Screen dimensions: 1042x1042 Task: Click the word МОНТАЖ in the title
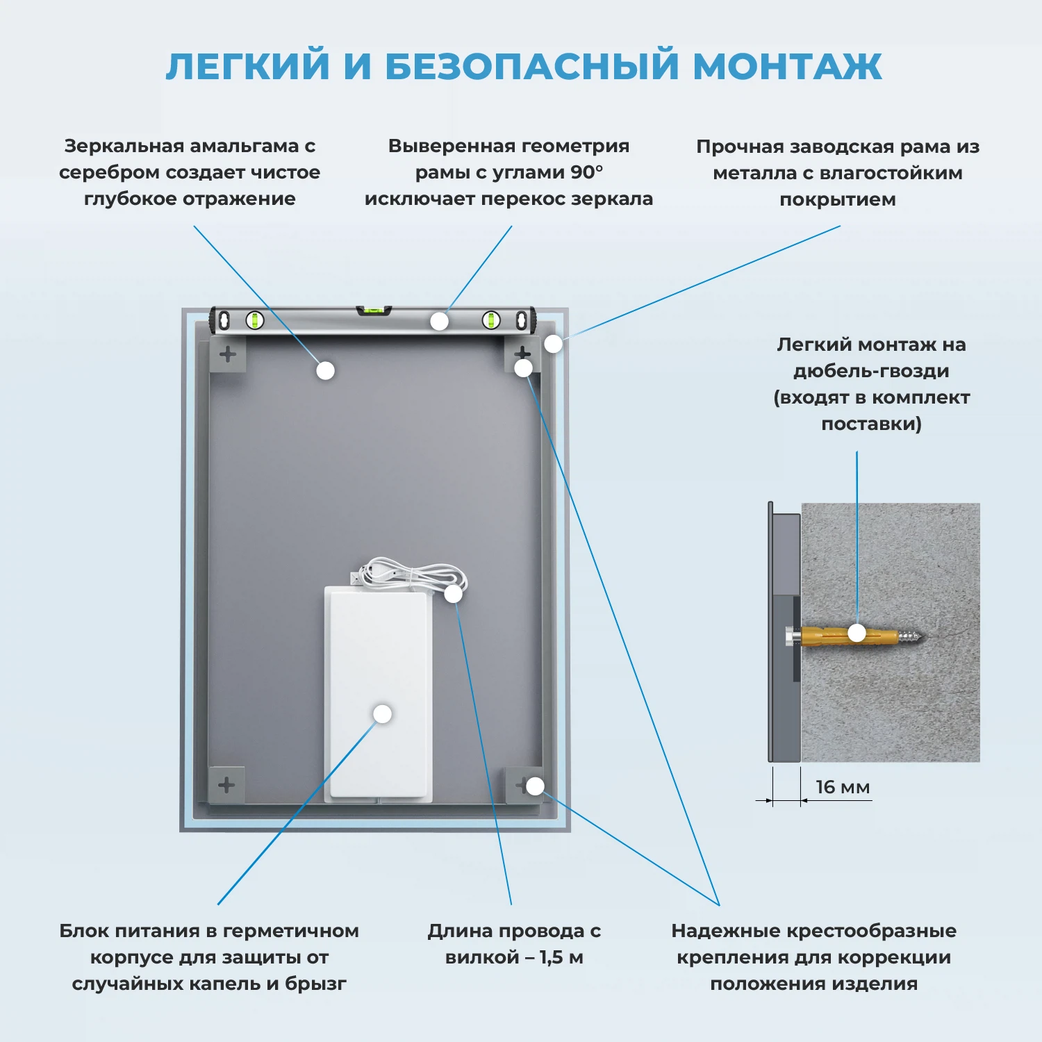click(x=787, y=67)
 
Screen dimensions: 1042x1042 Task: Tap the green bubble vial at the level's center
click(x=374, y=310)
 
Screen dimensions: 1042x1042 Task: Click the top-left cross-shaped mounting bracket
click(x=228, y=354)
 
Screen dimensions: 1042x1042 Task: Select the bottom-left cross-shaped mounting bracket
click(x=226, y=786)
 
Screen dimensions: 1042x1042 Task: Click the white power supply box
click(x=379, y=695)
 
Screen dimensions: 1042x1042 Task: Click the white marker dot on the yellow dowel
click(x=857, y=633)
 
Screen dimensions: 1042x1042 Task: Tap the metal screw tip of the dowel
click(x=914, y=635)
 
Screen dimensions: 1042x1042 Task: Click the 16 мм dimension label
click(x=842, y=787)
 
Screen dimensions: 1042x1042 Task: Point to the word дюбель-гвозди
click(x=871, y=371)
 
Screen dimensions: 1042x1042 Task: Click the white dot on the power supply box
click(x=382, y=714)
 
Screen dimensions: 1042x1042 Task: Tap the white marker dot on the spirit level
click(x=439, y=321)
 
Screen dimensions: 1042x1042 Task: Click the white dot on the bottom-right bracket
click(x=535, y=786)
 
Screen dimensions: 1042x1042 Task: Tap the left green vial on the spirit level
click(x=255, y=320)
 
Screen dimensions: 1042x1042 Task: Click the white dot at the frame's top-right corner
click(x=553, y=344)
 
